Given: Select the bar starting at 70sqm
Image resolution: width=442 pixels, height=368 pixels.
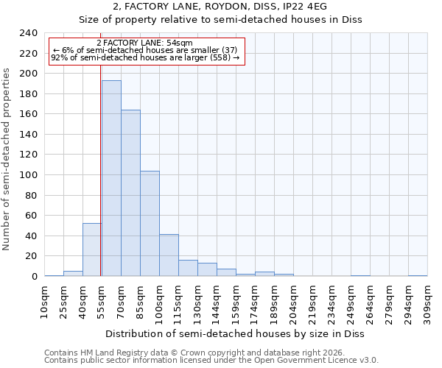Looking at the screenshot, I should pyautogui.click(x=130, y=193).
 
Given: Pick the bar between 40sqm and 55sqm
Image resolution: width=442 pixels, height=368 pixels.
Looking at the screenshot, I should pyautogui.click(x=92, y=250).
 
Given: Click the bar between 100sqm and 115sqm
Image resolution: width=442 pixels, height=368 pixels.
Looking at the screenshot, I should pyautogui.click(x=169, y=255).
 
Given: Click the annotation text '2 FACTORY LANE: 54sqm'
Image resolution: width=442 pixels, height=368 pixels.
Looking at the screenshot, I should pyautogui.click(x=144, y=43).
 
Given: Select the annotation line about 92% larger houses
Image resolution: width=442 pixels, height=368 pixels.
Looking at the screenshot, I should pyautogui.click(x=144, y=57).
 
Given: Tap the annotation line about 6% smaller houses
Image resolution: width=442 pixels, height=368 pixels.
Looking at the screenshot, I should pyautogui.click(x=144, y=50).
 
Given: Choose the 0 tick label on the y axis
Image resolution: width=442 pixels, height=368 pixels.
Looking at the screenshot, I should pyautogui.click(x=35, y=276).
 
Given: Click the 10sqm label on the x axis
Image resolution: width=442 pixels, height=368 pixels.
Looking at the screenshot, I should pyautogui.click(x=45, y=302).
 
